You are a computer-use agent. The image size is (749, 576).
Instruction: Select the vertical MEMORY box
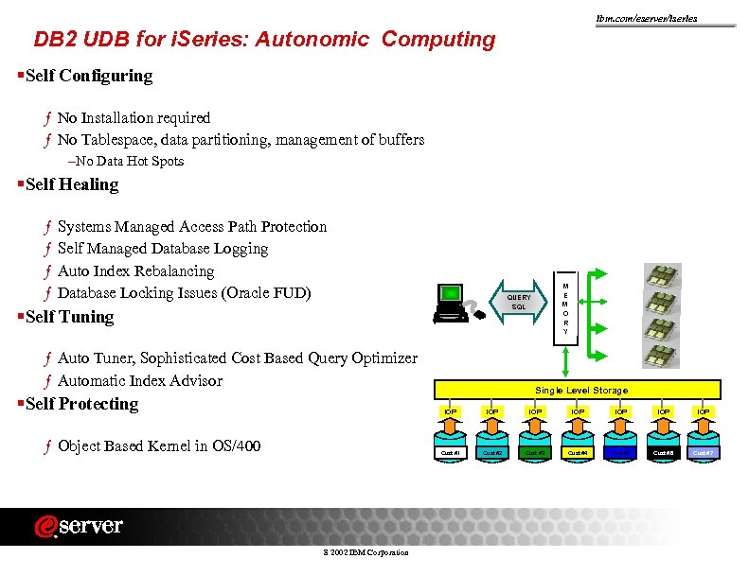[x=565, y=308]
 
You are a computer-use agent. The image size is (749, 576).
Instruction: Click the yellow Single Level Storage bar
[x=580, y=390]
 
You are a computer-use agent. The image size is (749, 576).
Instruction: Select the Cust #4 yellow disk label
[x=578, y=453]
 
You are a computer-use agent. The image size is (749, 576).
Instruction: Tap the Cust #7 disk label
[x=704, y=453]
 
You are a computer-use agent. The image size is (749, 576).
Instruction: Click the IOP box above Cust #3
[x=535, y=412]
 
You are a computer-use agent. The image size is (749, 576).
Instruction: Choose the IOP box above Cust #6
[x=663, y=412]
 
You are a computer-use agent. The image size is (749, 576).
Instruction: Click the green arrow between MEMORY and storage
[x=565, y=360]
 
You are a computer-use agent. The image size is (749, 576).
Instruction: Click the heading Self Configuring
[x=89, y=76]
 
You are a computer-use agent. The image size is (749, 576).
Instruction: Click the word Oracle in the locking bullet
[x=248, y=292]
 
